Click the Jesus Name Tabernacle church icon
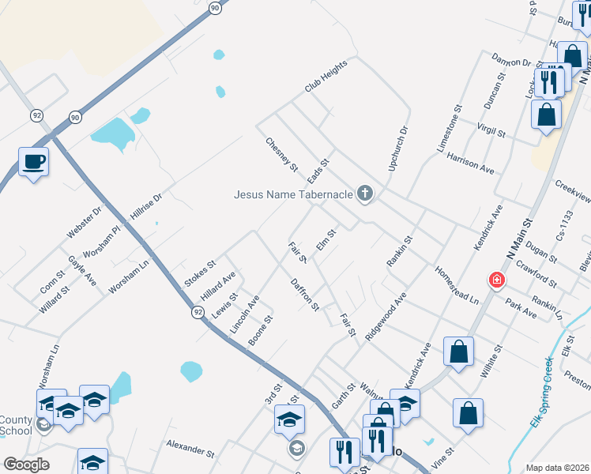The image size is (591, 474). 364,194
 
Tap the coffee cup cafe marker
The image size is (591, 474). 33,162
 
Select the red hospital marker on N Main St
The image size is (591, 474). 496,280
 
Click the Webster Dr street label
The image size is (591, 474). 85,223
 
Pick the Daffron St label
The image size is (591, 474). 304,294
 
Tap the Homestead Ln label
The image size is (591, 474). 457,285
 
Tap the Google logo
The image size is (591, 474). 26,465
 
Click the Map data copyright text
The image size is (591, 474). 557,468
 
